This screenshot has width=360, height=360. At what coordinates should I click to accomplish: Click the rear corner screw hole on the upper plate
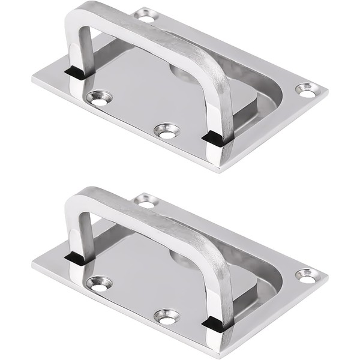pos(146,16)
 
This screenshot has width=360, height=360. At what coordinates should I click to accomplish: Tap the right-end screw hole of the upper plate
pos(307,91)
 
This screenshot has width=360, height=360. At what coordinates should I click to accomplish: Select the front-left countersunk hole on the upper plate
pos(98,97)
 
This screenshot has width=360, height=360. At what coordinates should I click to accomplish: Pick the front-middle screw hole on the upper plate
pos(166,130)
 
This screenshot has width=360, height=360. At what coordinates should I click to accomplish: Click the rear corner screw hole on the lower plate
pos(146,202)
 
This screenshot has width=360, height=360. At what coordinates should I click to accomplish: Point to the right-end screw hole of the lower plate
pos(307,277)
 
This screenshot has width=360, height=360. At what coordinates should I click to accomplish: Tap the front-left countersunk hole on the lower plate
pos(98,283)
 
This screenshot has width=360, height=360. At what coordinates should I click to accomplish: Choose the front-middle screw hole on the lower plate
pos(166,316)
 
